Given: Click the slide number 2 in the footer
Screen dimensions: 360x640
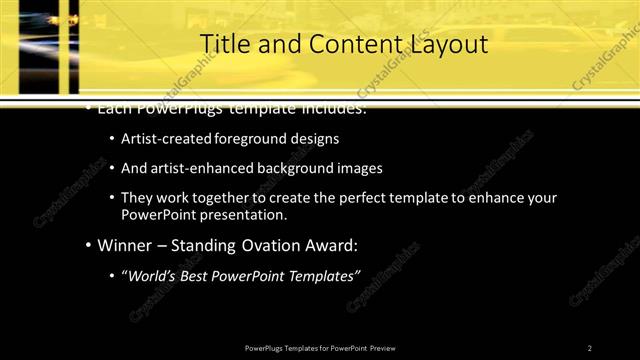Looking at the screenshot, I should (x=590, y=347).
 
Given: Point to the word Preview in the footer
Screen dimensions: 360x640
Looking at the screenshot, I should (x=389, y=347).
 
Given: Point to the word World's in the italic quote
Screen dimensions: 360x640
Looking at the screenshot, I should (x=155, y=275).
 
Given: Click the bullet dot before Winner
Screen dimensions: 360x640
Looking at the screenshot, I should (x=88, y=245).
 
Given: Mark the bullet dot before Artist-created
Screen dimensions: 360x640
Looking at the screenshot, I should (x=111, y=139).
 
